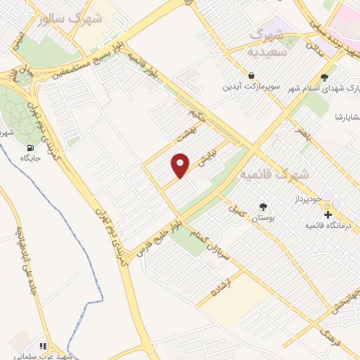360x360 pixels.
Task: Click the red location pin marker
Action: click(x=181, y=166)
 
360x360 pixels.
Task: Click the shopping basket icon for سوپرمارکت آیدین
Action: click(x=251, y=75)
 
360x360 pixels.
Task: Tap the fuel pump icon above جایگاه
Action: click(x=30, y=148)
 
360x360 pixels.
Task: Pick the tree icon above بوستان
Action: click(x=264, y=207)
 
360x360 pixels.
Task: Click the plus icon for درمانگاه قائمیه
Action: click(x=327, y=213)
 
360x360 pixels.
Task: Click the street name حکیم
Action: click(x=196, y=112)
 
